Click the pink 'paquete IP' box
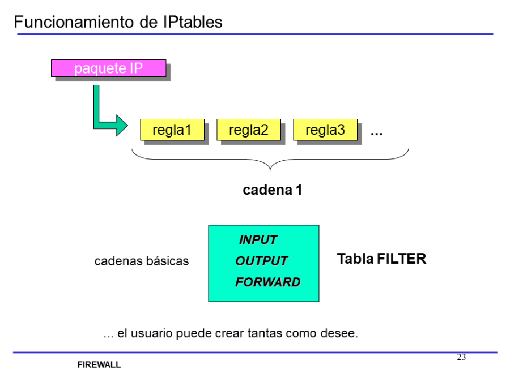(109, 68)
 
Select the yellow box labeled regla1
(172, 130)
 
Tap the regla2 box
(248, 130)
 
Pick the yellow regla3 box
(325, 130)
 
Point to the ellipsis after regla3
(376, 133)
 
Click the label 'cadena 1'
(273, 190)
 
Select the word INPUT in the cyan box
(258, 240)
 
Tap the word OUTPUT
(261, 261)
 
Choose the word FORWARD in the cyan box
(267, 282)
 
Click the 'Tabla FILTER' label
(381, 259)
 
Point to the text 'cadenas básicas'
(142, 261)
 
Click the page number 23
(461, 358)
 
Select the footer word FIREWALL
(99, 365)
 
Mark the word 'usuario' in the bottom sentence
(152, 333)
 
